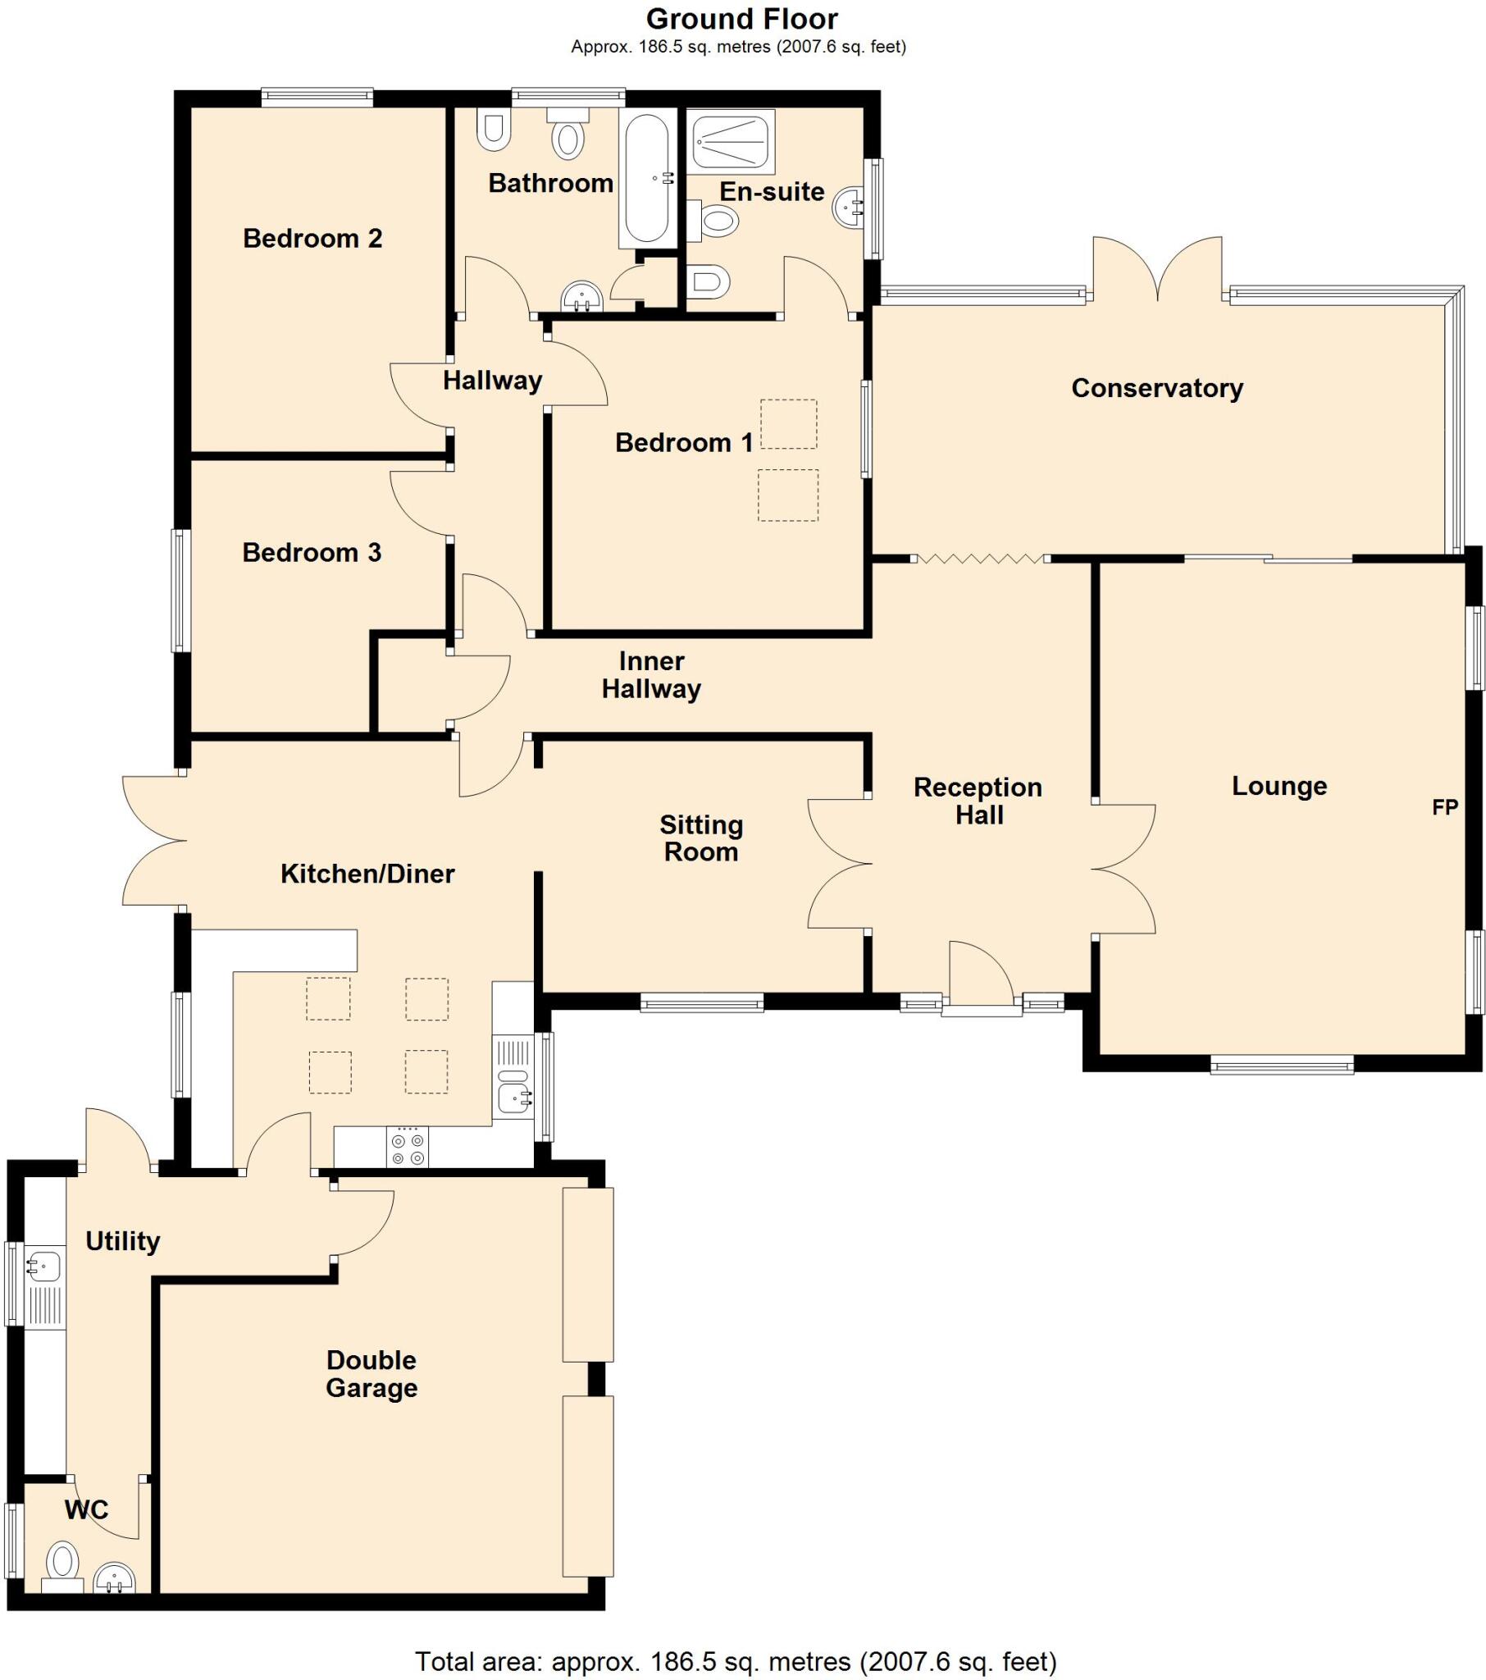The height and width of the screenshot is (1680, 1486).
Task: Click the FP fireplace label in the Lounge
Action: [x=1444, y=807]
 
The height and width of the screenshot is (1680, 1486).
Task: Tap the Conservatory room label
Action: [x=1156, y=388]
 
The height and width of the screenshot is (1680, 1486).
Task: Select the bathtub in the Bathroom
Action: [x=646, y=178]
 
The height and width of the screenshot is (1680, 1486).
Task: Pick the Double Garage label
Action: [x=371, y=1374]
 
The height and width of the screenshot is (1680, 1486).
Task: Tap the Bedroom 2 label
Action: [x=312, y=239]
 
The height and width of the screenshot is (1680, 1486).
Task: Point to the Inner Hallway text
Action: [x=651, y=675]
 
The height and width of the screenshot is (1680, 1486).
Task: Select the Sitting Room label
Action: [x=701, y=838]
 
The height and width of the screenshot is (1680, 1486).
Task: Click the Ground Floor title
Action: [x=741, y=18]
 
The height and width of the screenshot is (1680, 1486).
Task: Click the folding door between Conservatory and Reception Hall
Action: [x=980, y=559]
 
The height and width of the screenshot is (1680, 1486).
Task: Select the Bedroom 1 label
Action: [x=684, y=443]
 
